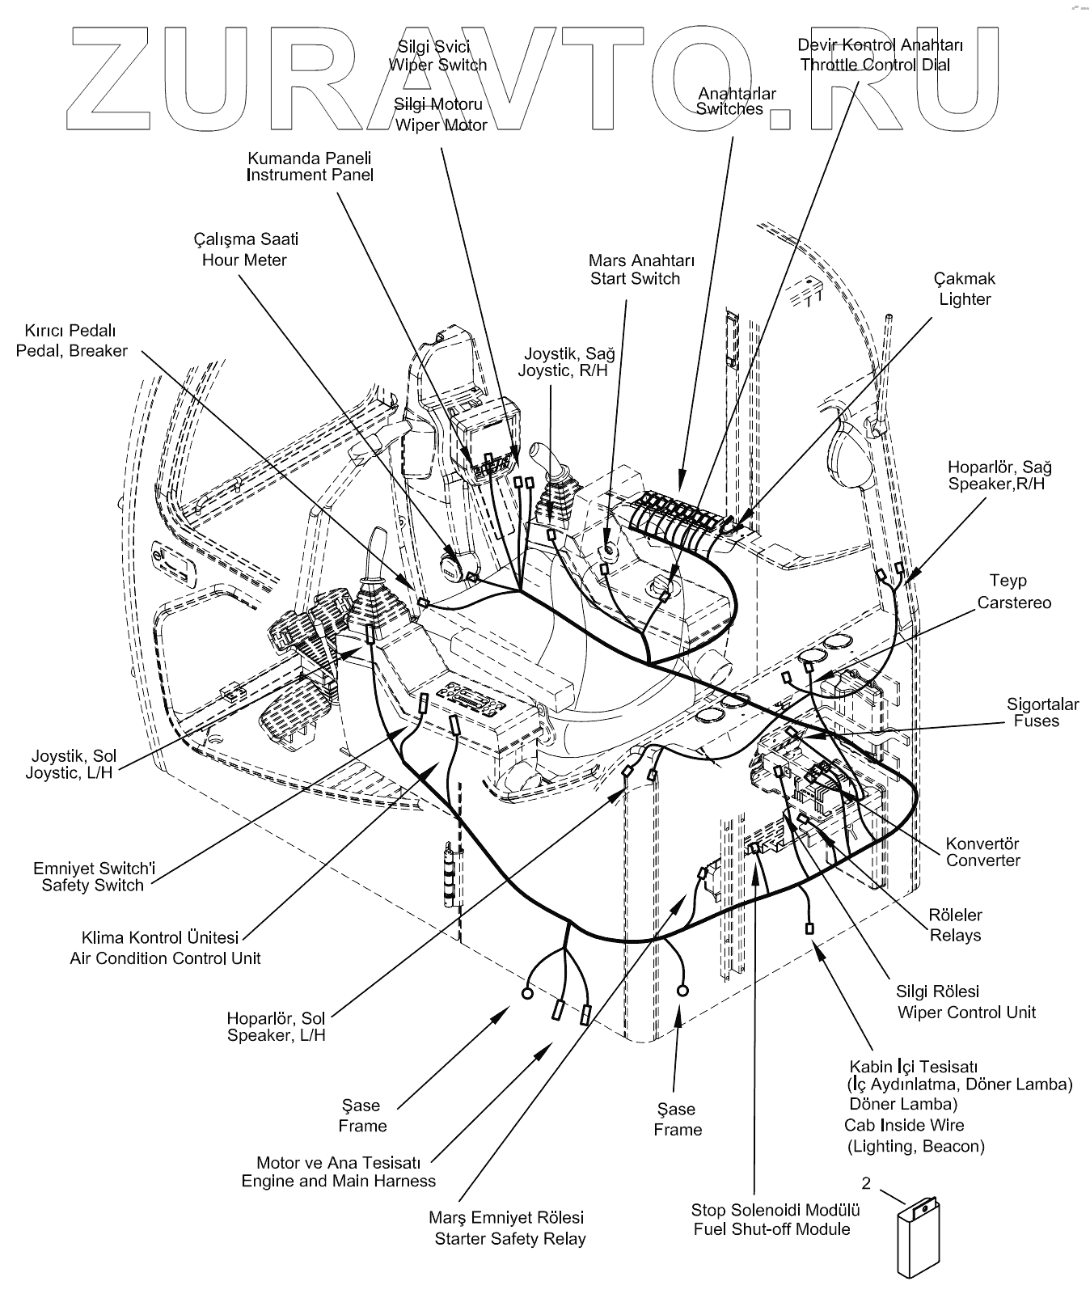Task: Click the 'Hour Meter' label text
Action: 244,260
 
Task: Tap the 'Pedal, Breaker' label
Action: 72,351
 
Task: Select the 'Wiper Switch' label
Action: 438,65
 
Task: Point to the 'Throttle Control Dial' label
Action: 876,65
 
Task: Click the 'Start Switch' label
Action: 635,279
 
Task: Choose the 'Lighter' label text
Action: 965,299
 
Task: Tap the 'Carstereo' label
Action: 1014,603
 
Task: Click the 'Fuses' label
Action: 1037,721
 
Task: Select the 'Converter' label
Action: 983,860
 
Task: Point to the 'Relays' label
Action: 956,936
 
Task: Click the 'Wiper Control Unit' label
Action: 966,1013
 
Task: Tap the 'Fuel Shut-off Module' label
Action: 772,1229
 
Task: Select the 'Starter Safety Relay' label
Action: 510,1239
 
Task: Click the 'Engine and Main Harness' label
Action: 339,1181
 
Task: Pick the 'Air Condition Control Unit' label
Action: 166,958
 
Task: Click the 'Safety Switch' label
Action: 93,886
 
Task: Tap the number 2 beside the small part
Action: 866,1183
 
